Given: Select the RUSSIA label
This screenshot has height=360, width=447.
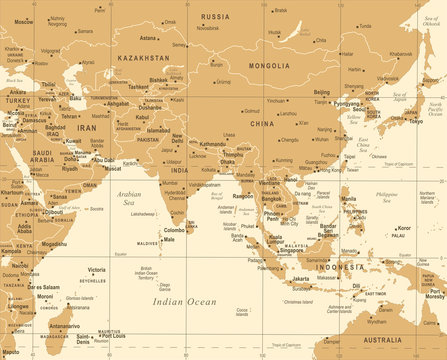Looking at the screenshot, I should (215, 17).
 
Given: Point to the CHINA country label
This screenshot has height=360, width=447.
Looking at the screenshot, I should (263, 123).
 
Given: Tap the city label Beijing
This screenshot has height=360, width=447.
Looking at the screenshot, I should (321, 92).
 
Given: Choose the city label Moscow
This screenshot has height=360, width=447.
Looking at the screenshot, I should (23, 20).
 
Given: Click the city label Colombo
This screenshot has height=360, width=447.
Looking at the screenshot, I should (176, 230).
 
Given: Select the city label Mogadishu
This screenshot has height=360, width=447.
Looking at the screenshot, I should (54, 243).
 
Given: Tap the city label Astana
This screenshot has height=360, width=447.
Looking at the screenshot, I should (148, 38).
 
